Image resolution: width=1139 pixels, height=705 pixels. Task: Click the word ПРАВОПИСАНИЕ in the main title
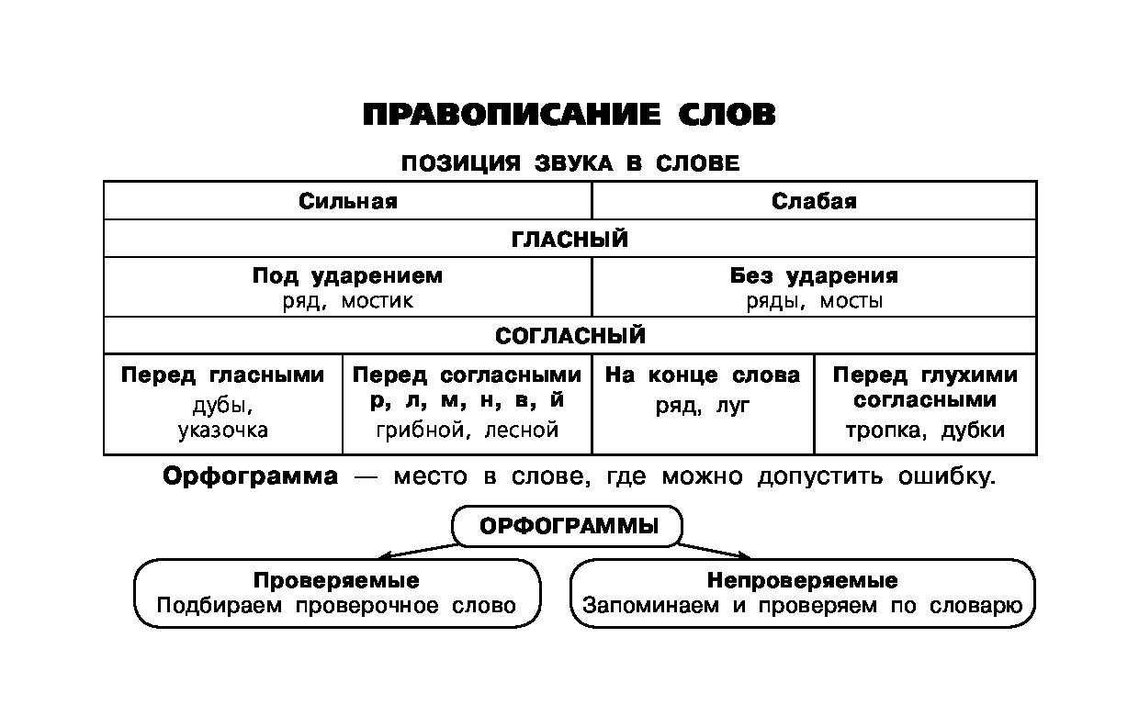[512, 115]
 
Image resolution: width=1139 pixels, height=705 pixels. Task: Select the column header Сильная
[347, 201]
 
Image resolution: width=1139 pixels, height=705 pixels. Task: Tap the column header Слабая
[814, 201]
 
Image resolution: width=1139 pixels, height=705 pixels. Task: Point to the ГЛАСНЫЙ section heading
[569, 240]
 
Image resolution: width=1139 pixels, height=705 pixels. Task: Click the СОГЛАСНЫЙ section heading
[569, 336]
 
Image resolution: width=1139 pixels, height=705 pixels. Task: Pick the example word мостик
[378, 301]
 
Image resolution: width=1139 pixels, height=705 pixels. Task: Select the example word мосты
[851, 301]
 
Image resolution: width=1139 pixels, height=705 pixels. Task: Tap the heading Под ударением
[347, 275]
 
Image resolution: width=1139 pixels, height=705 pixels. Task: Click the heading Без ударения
[814, 275]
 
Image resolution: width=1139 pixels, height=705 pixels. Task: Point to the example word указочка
[223, 430]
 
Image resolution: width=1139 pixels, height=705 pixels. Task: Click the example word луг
[732, 405]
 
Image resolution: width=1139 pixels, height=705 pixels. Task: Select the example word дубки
[973, 430]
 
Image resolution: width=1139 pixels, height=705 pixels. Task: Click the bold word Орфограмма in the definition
[250, 477]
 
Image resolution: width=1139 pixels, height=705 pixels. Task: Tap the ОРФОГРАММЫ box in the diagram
[569, 527]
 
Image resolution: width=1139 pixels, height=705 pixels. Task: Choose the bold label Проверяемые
[336, 581]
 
